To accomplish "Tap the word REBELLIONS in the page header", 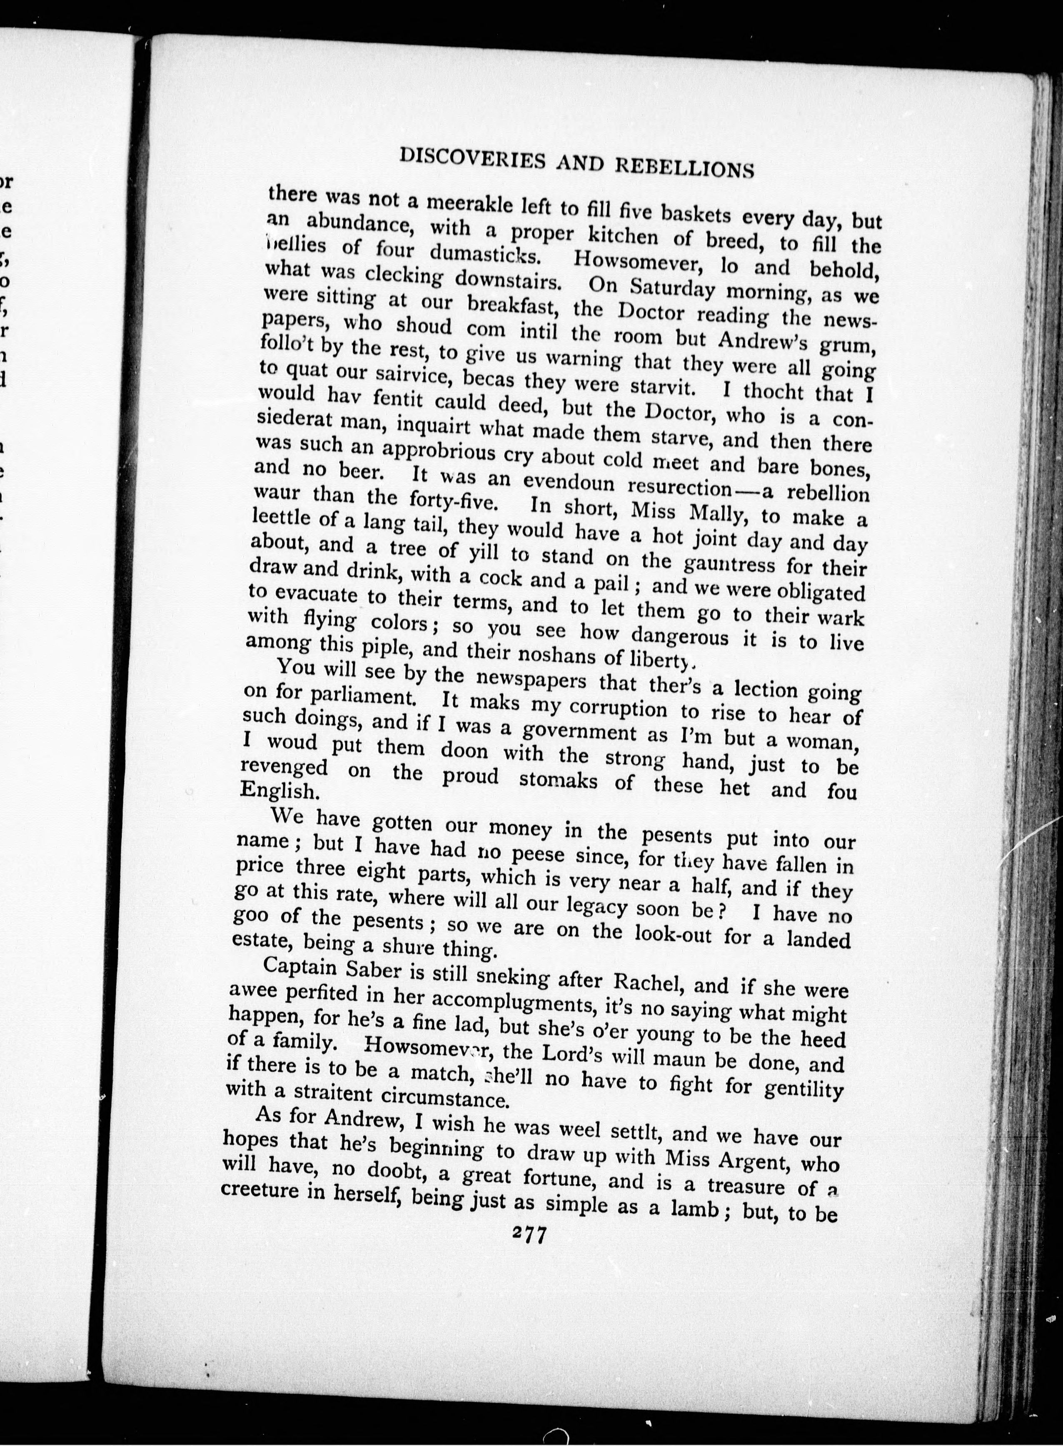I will point(685,165).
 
